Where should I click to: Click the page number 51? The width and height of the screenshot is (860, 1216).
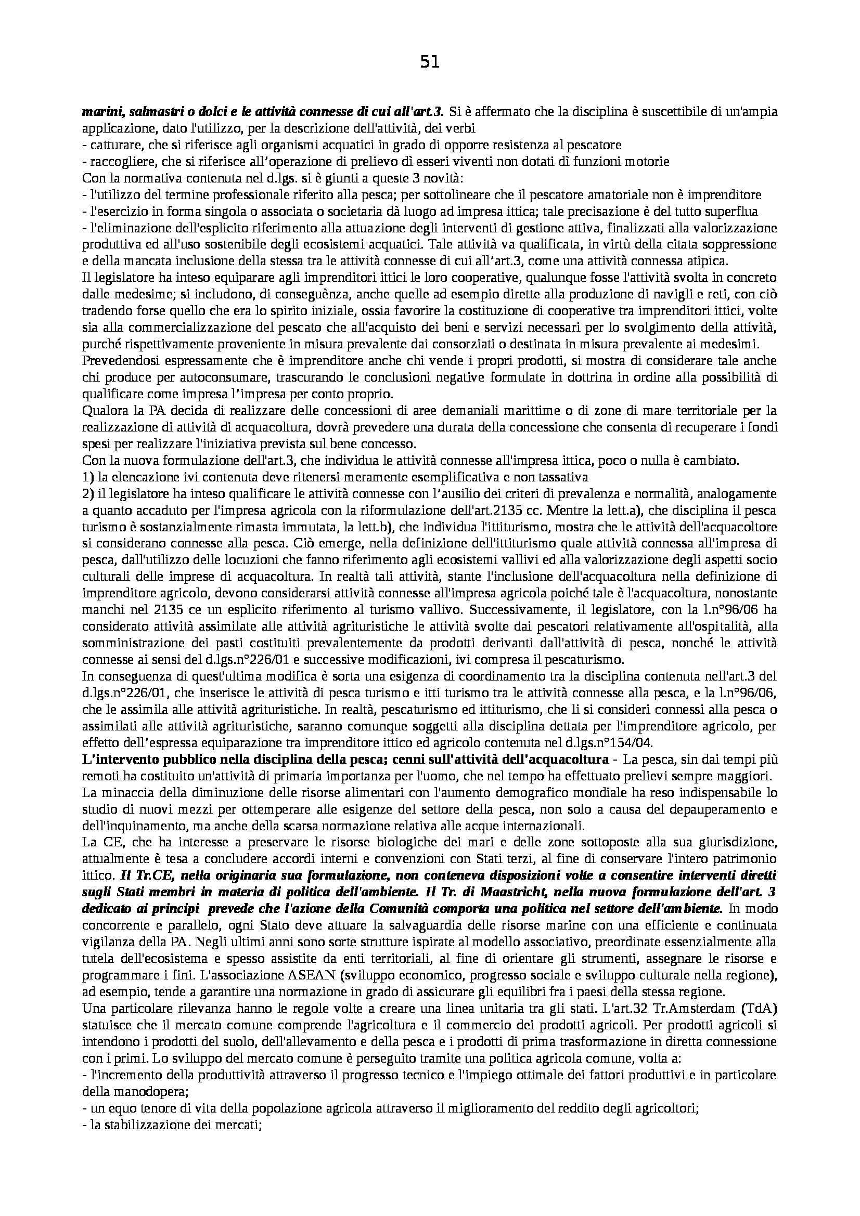430,63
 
